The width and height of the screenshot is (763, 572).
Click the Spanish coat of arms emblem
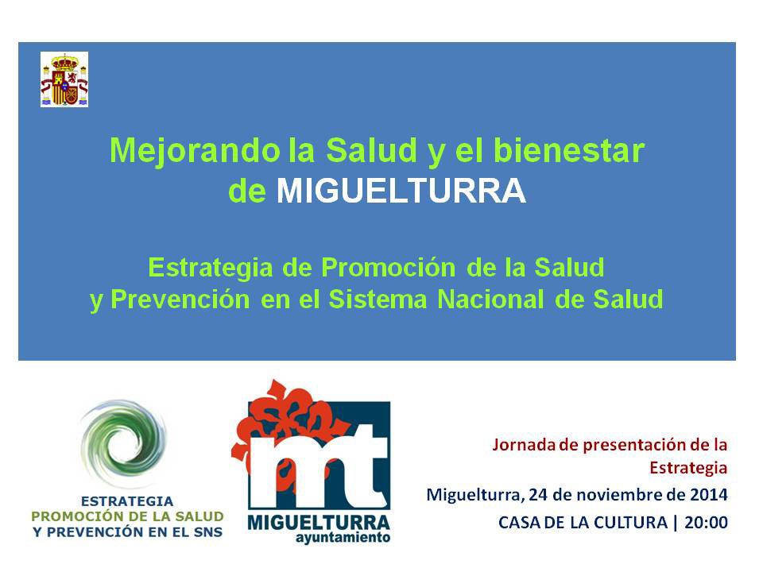point(64,79)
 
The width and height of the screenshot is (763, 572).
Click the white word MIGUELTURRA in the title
point(401,191)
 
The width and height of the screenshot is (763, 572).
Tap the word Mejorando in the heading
point(196,152)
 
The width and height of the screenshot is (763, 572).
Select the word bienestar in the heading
point(569,150)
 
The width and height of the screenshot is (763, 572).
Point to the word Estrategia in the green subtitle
point(211,269)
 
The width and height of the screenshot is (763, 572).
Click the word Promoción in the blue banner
point(389,268)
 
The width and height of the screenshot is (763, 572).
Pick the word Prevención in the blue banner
point(180,300)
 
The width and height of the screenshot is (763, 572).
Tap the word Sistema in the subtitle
point(378,300)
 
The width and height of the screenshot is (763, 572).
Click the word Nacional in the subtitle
point(490,300)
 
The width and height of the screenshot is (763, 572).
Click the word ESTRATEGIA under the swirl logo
point(127,501)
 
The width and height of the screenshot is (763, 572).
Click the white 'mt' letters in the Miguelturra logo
point(319,467)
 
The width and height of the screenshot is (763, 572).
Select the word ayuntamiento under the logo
point(343,538)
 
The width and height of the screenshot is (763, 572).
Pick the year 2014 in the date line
point(709,495)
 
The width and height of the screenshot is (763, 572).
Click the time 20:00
point(706,523)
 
